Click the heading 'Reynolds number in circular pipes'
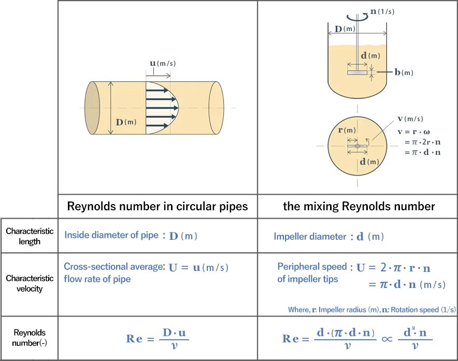pyautogui.click(x=158, y=207)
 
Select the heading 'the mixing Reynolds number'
pyautogui.click(x=359, y=207)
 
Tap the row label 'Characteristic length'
pyautogui.click(x=30, y=236)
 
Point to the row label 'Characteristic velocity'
pyautogui.click(x=30, y=283)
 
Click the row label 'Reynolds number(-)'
pyautogui.click(x=30, y=338)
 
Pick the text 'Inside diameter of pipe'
pyautogui.click(x=111, y=235)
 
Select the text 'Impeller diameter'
pyautogui.click(x=310, y=237)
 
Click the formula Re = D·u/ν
pyautogui.click(x=158, y=339)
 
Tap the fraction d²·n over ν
pyautogui.click(x=414, y=339)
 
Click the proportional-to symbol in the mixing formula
pyautogui.click(x=387, y=339)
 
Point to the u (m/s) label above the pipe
pyautogui.click(x=163, y=64)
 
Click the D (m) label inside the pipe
pyautogui.click(x=126, y=122)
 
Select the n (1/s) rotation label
pyautogui.click(x=381, y=11)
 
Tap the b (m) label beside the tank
pyautogui.click(x=404, y=73)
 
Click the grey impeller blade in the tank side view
pyautogui.click(x=357, y=73)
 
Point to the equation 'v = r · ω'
pyautogui.click(x=413, y=132)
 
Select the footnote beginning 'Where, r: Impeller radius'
pyautogui.click(x=371, y=310)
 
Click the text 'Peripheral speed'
pyautogui.click(x=312, y=267)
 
